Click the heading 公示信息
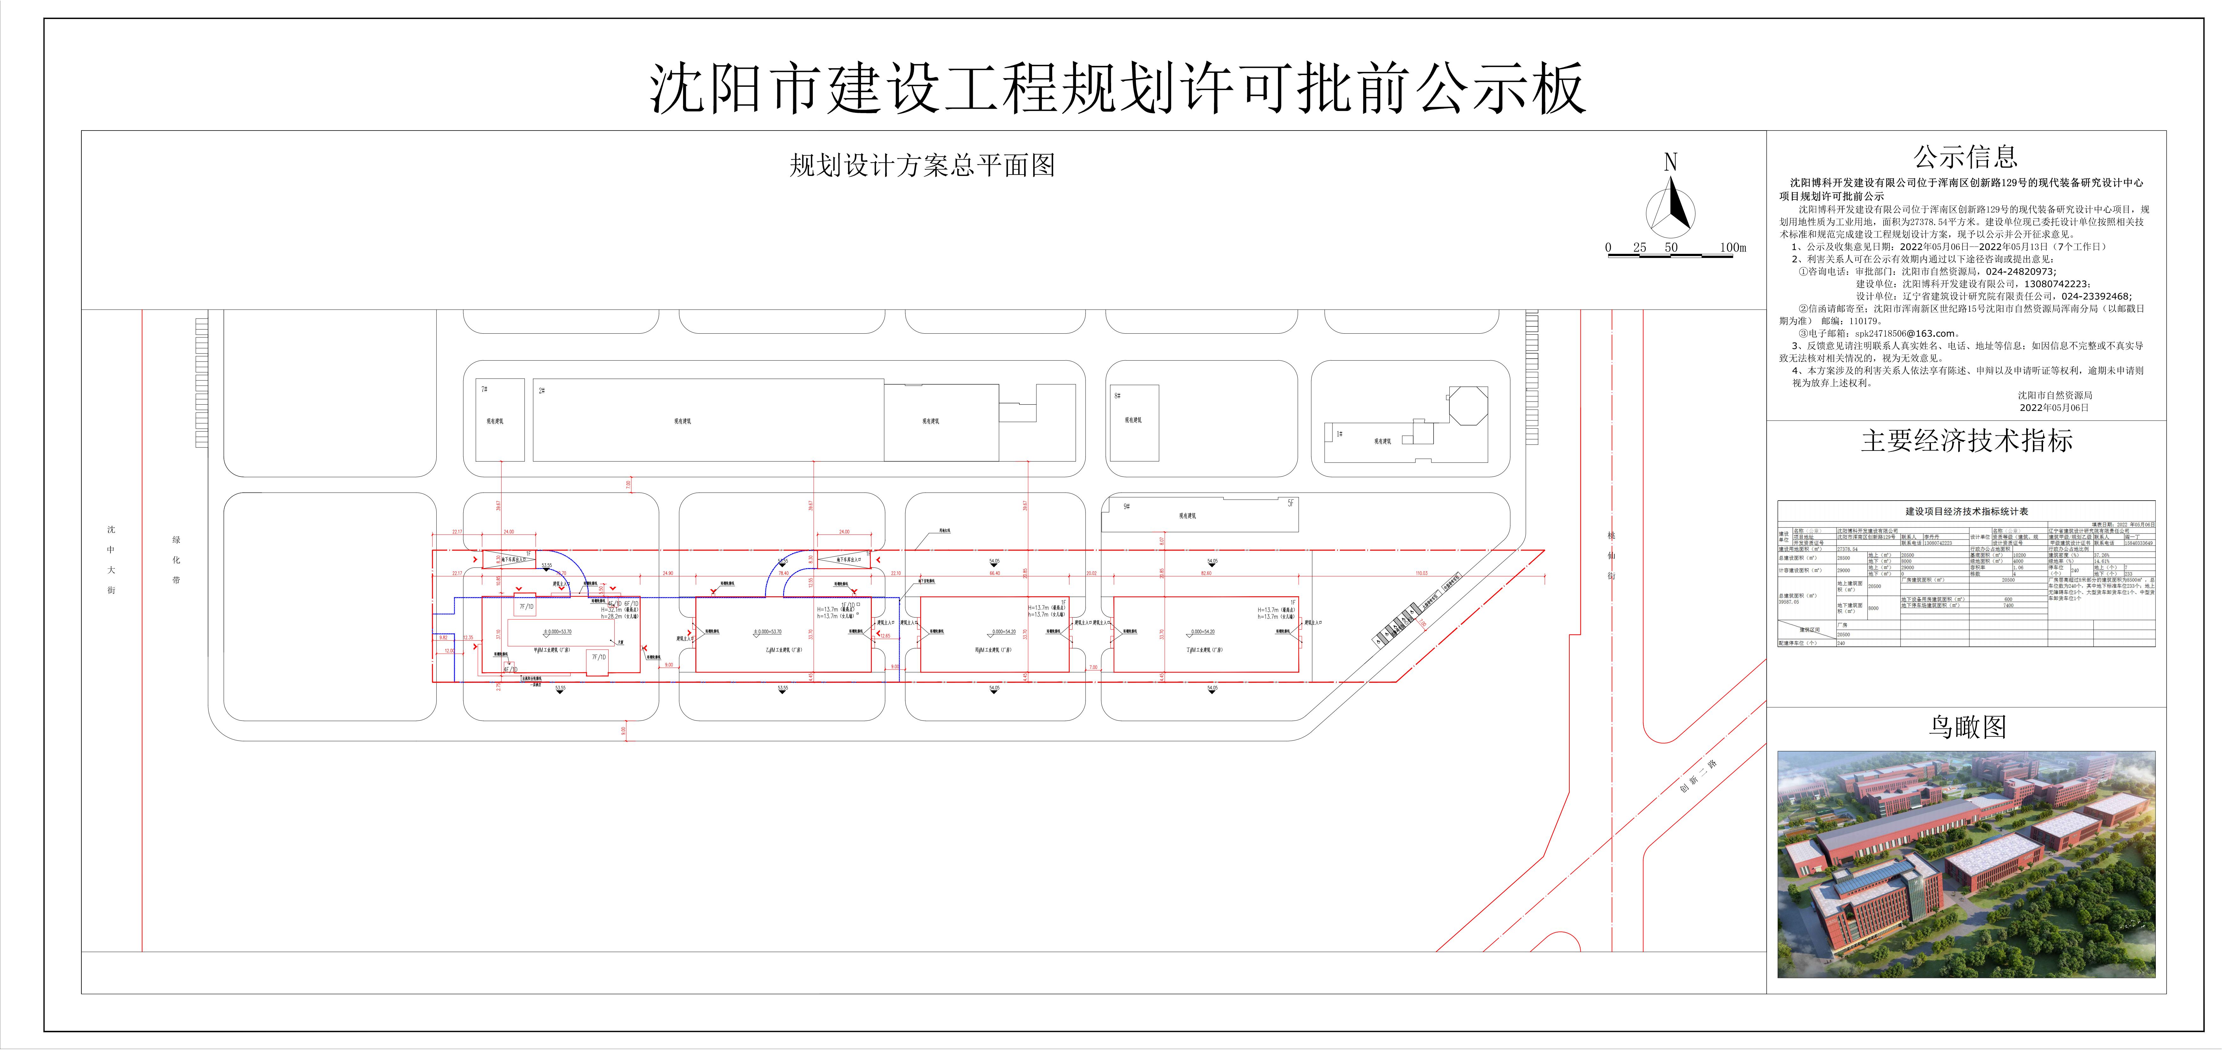[1966, 157]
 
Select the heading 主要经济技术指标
[1966, 441]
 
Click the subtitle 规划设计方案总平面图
[922, 166]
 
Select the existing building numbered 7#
[500, 419]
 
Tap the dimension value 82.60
[1205, 573]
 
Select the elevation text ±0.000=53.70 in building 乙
[768, 631]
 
